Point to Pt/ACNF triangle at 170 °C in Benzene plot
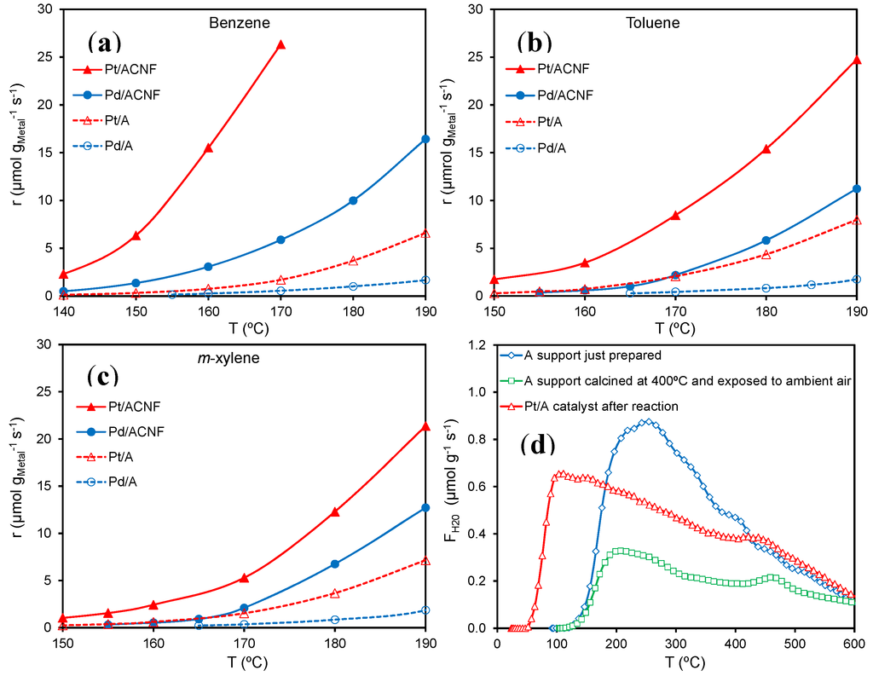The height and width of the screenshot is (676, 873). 280,44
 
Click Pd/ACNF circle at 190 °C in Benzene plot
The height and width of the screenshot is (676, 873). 425,139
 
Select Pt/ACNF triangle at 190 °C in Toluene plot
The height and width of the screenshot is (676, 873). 856,61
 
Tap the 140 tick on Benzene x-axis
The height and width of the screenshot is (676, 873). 62,309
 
